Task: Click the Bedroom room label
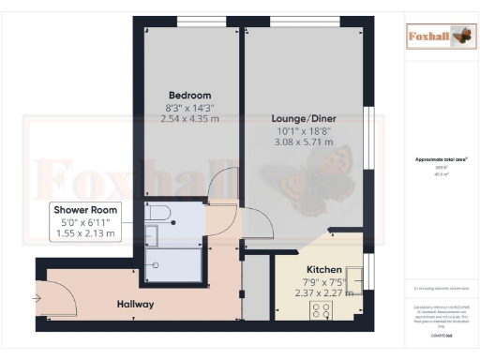[x=189, y=95]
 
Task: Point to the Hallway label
[x=135, y=305]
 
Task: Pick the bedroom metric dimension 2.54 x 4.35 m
[x=189, y=119]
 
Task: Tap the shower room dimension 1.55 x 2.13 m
[x=84, y=232]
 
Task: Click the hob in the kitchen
[x=322, y=309]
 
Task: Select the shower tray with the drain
[x=172, y=264]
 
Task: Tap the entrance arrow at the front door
[x=37, y=299]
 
